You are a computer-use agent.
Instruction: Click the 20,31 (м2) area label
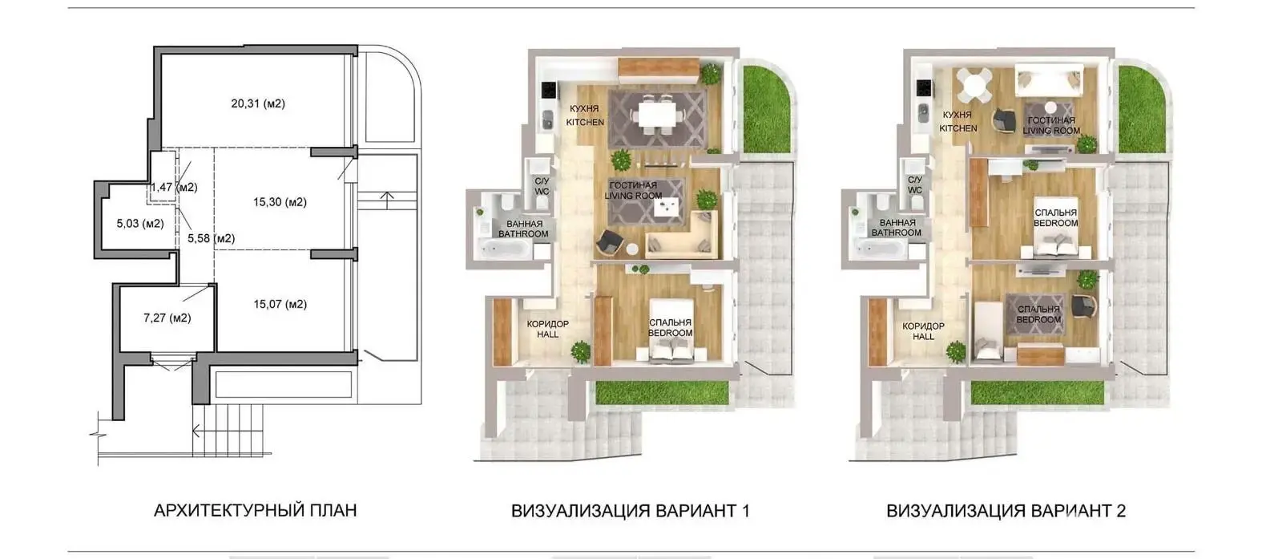(258, 103)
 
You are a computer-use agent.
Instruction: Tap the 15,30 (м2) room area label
(280, 202)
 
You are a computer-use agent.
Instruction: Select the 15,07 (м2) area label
(280, 305)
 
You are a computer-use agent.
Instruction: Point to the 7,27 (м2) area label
(167, 318)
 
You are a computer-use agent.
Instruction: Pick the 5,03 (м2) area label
(140, 224)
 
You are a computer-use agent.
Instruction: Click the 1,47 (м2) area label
(174, 188)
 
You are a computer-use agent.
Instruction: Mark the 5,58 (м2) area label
(212, 239)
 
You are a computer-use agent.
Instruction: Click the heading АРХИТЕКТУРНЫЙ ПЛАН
(256, 511)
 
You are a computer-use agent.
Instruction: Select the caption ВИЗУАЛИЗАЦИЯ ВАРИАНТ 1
(631, 511)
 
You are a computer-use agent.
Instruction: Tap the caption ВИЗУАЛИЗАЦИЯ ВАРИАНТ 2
(1006, 511)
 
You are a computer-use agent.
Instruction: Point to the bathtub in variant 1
(504, 248)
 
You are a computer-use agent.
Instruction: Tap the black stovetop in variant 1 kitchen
(549, 89)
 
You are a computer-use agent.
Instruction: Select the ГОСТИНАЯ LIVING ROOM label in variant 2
(1051, 126)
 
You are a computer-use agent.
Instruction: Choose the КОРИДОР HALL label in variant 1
(547, 330)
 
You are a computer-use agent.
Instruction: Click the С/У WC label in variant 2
(915, 185)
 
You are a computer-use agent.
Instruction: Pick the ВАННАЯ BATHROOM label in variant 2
(897, 228)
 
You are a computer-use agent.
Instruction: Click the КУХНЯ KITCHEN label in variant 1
(585, 115)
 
